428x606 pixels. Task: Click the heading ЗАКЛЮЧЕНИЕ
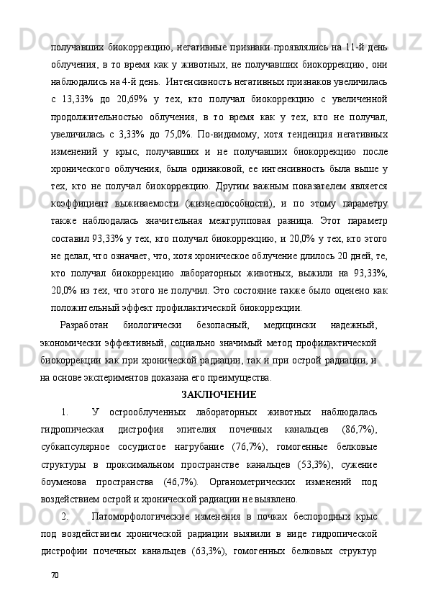219,394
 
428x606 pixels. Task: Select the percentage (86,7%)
358,429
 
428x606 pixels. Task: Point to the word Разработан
84,326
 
